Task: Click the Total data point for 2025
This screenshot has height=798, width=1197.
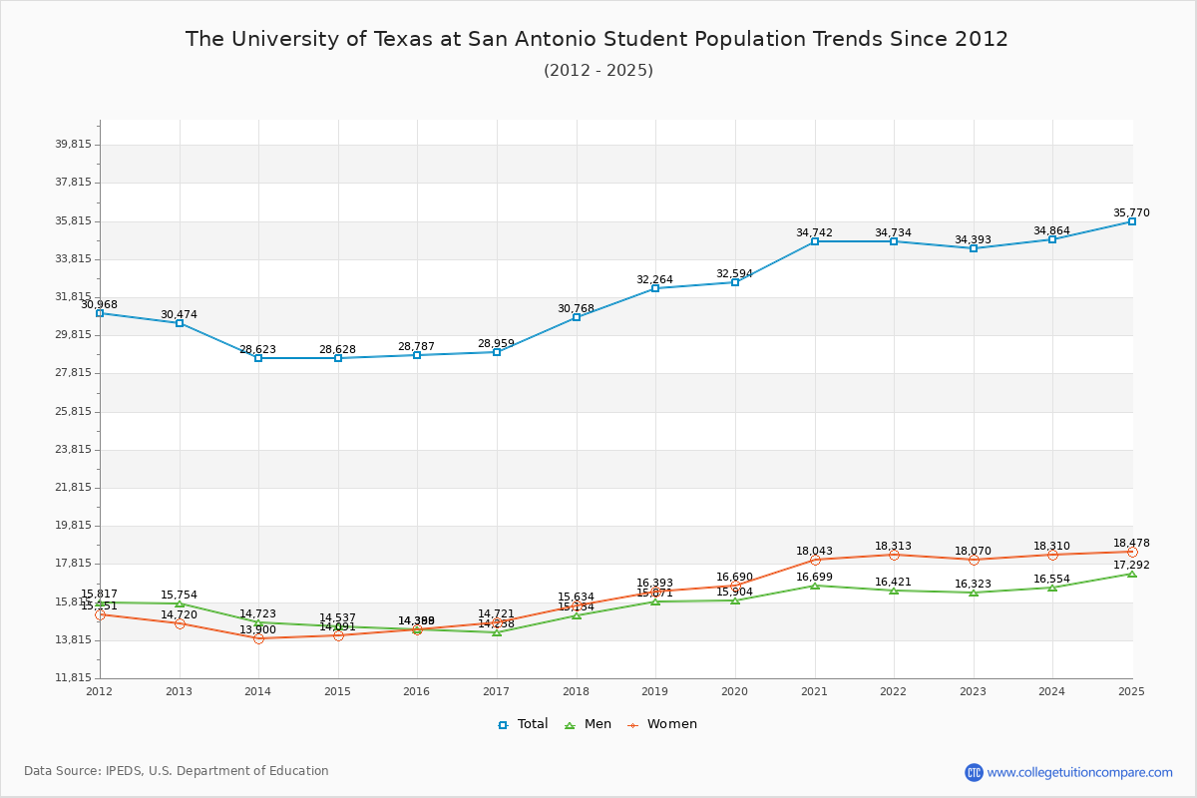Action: pos(1132,221)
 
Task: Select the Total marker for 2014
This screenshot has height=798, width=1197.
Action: pos(258,358)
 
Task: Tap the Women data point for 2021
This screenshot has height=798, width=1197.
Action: pos(815,560)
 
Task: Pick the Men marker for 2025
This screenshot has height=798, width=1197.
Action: pos(1132,574)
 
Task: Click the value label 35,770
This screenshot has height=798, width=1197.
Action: pos(1131,212)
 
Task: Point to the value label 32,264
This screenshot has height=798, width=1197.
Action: pos(654,279)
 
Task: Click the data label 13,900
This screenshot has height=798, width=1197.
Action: pos(257,629)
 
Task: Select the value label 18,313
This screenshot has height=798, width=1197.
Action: pos(893,546)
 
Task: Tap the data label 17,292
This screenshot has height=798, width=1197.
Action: pos(1131,565)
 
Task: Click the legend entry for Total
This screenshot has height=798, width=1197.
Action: pos(523,724)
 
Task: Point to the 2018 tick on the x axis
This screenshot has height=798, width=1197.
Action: pos(576,690)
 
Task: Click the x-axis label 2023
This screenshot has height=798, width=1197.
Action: pos(973,690)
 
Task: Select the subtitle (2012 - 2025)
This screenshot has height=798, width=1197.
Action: pos(598,70)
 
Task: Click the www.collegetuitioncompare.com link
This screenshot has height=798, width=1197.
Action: pos(1079,772)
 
